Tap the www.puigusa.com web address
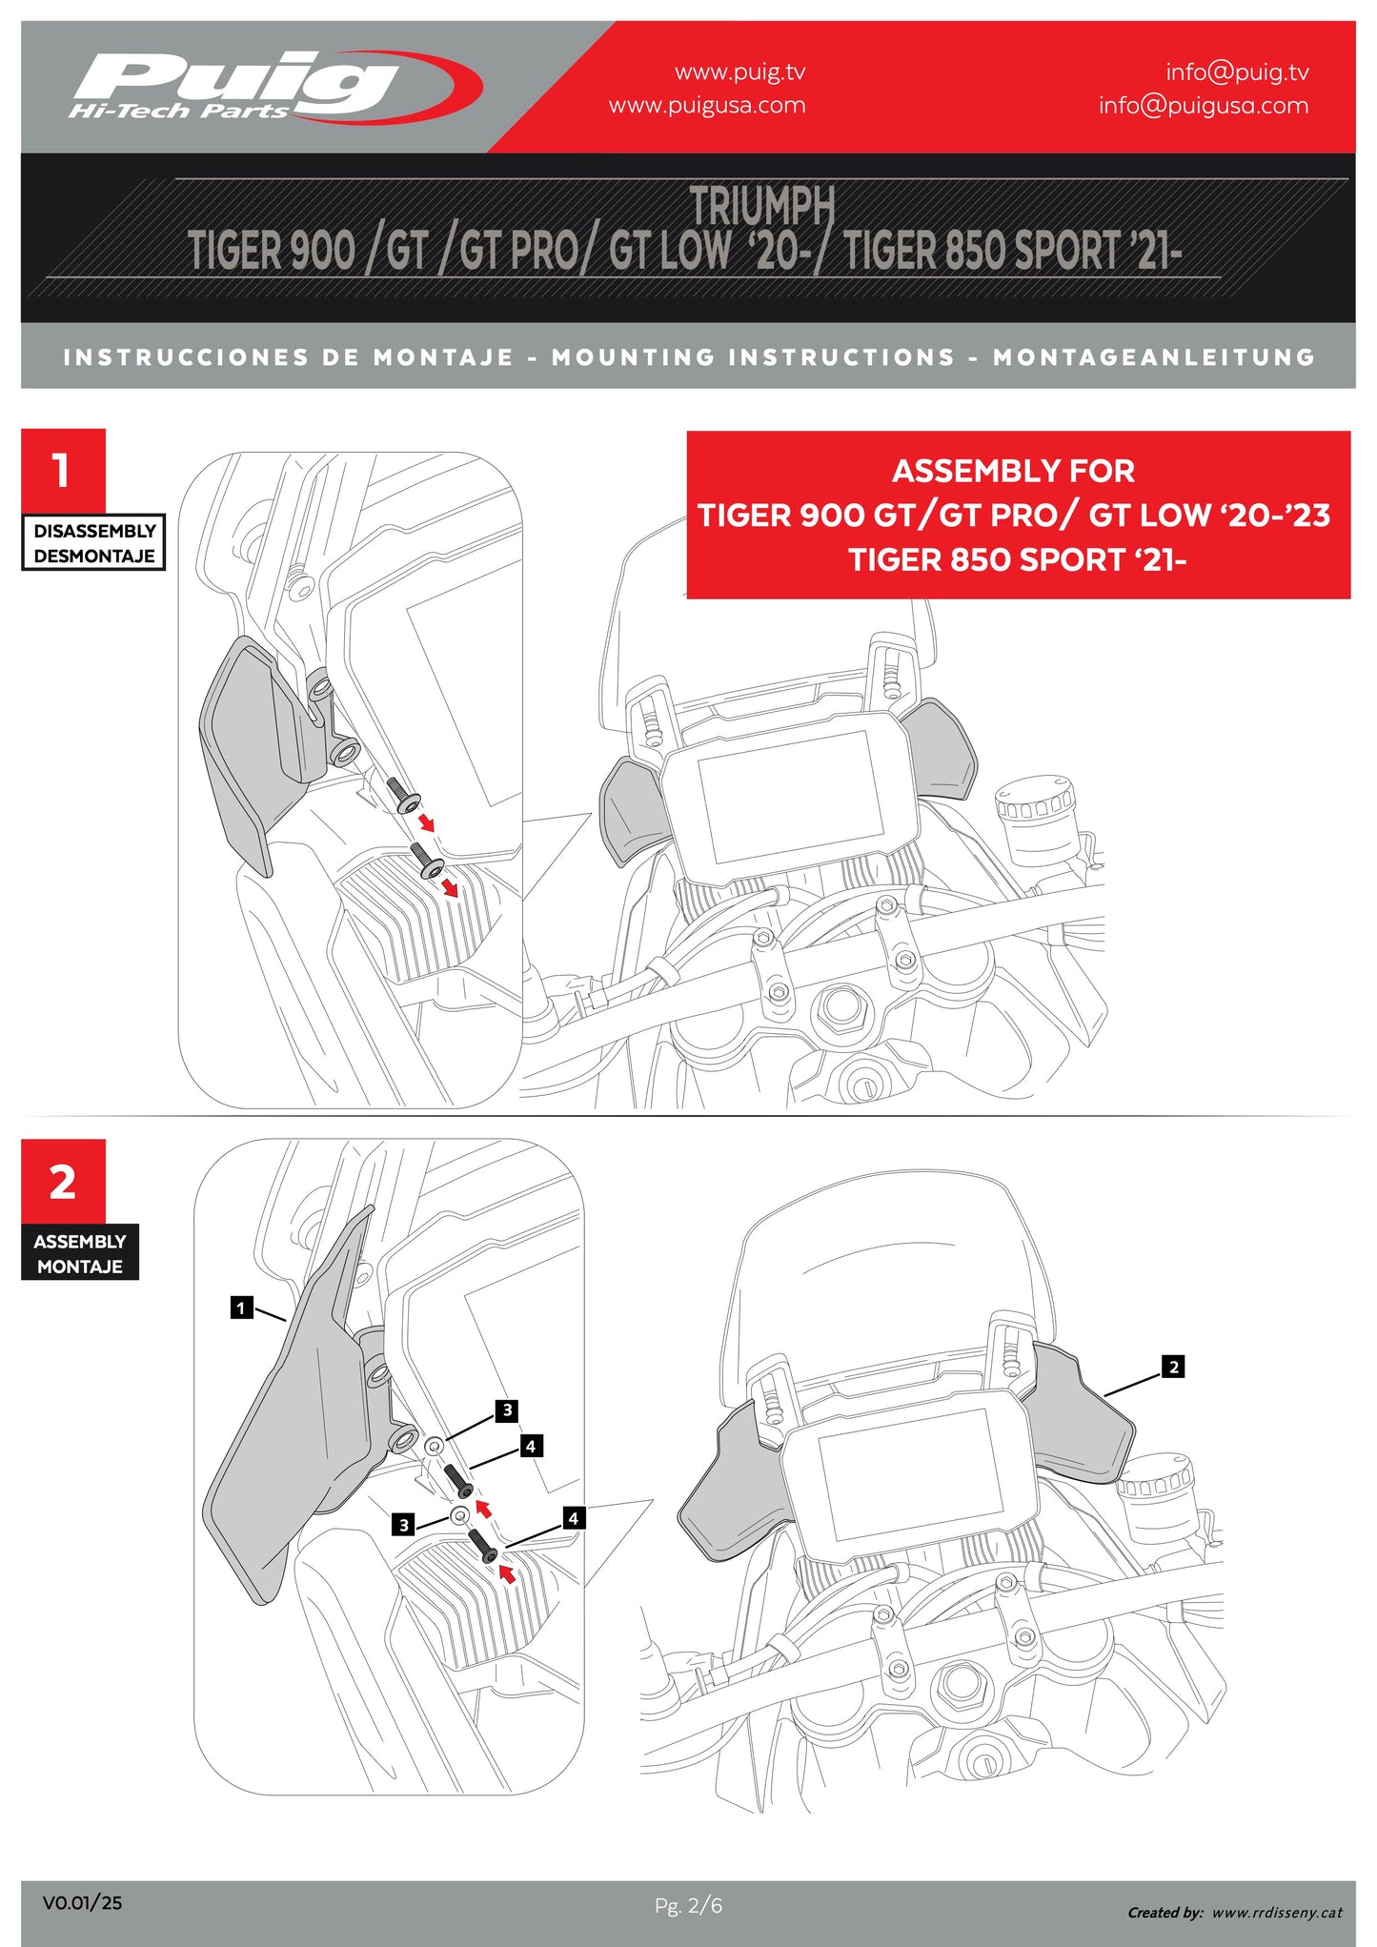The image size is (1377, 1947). [x=707, y=106]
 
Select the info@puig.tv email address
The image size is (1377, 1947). [x=1236, y=72]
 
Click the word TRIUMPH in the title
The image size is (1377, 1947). [x=761, y=205]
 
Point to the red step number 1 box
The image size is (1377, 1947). [x=63, y=470]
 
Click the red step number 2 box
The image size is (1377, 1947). [x=63, y=1182]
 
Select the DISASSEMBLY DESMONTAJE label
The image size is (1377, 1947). [x=93, y=543]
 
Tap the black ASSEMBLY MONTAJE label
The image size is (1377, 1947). [x=80, y=1253]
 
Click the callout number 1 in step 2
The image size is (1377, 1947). [x=241, y=1308]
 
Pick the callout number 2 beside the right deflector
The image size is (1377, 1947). [x=1173, y=1367]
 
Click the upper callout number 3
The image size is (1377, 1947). [x=507, y=1410]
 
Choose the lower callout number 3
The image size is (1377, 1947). [x=404, y=1525]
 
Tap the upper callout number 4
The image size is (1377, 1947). [x=531, y=1446]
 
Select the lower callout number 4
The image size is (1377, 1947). [x=573, y=1518]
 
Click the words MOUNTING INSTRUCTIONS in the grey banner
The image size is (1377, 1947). [x=753, y=357]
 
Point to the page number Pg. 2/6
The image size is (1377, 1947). [x=688, y=1905]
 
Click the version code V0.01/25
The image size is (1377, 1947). [x=82, y=1903]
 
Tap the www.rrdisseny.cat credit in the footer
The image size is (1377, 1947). [x=1277, y=1912]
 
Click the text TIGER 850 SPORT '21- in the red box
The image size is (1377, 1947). [x=1017, y=559]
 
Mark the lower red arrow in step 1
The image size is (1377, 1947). [x=449, y=889]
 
